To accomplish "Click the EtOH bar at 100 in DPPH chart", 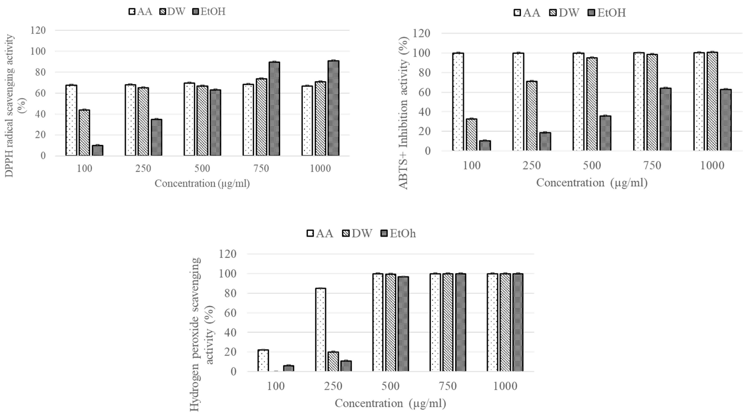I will pos(97,150).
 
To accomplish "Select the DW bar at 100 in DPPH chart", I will pos(84,133).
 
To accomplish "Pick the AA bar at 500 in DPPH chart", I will pos(189,119).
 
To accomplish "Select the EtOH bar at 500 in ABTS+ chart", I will pos(605,133).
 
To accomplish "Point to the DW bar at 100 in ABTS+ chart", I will pos(472,135).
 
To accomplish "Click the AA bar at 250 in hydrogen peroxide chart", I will pos(321,330).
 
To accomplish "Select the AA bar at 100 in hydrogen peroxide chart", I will pos(263,360).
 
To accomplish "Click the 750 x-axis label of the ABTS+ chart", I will pos(652,166).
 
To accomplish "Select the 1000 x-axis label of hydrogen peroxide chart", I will pos(505,386).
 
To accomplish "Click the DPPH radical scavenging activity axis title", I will pos(10,105).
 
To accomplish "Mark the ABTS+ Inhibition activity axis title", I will pos(404,113).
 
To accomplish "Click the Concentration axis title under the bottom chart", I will pos(390,403).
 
